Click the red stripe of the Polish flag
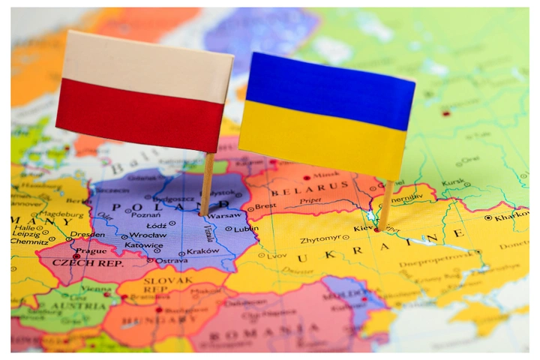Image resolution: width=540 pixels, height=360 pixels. pyautogui.click(x=139, y=116)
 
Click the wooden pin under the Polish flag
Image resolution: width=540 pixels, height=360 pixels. pyautogui.click(x=206, y=184)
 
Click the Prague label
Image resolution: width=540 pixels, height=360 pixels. pyautogui.click(x=91, y=250)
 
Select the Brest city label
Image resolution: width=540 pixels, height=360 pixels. pyautogui.click(x=265, y=205)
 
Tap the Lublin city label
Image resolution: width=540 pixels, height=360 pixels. pyautogui.click(x=246, y=229)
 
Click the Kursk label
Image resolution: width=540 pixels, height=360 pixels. pyautogui.click(x=453, y=181)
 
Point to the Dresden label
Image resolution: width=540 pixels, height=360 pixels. pyautogui.click(x=88, y=234)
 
